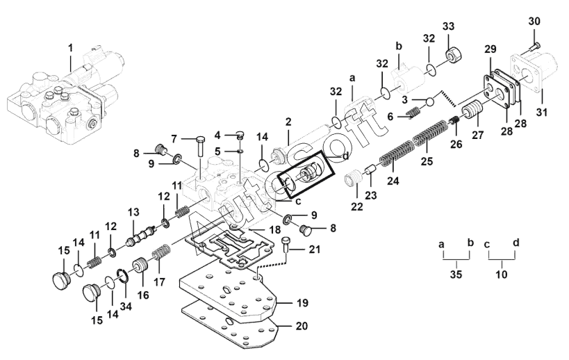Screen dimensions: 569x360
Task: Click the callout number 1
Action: pyautogui.click(x=71, y=47)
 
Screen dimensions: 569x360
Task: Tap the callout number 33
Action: pyautogui.click(x=448, y=26)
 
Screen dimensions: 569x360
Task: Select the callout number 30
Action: pyautogui.click(x=534, y=22)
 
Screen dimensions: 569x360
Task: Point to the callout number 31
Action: pyautogui.click(x=542, y=112)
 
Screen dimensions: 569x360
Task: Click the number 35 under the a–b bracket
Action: pyautogui.click(x=456, y=275)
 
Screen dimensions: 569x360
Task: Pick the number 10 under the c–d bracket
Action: pyautogui.click(x=502, y=275)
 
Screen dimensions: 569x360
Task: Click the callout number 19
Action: pyautogui.click(x=302, y=302)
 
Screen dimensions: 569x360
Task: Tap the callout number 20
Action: pyautogui.click(x=302, y=326)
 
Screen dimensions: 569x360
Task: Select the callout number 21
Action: pyautogui.click(x=315, y=249)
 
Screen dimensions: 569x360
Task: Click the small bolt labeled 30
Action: pyautogui.click(x=534, y=47)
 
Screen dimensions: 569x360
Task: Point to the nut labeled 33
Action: pyautogui.click(x=453, y=55)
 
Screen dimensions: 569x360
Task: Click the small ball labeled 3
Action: pyautogui.click(x=429, y=101)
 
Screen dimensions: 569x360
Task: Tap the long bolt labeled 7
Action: pyautogui.click(x=200, y=147)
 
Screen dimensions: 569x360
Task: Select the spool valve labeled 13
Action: pyautogui.click(x=142, y=235)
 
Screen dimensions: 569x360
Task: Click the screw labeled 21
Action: pyautogui.click(x=286, y=245)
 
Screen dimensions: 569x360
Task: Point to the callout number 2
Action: pyautogui.click(x=288, y=122)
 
